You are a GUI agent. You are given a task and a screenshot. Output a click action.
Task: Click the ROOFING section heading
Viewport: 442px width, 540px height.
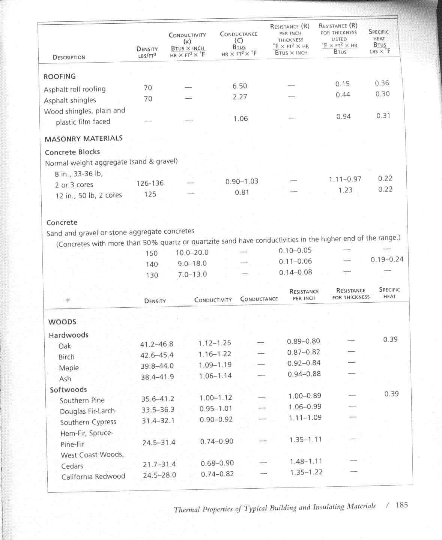60,76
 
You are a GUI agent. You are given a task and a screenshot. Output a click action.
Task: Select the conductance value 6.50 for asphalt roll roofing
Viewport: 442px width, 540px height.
240,86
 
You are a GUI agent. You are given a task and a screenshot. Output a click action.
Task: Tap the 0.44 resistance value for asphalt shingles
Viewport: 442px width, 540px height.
343,95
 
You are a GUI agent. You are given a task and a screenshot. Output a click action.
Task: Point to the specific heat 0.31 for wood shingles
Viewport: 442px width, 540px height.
383,116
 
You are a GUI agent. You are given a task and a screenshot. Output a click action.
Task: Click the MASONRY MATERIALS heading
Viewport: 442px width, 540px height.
84,139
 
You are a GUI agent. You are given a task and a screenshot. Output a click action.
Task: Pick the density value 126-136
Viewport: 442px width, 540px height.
150,183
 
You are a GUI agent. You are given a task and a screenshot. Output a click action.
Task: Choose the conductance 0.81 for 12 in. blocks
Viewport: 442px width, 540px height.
242,192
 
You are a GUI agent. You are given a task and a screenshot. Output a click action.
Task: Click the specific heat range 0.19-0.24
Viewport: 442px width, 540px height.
387,259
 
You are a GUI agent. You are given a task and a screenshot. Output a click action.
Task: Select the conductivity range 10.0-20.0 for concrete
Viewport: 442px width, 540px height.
192,253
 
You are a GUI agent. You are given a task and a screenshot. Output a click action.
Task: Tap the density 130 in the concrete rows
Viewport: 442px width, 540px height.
152,275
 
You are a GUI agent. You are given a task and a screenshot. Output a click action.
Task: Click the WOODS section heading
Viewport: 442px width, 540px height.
62,322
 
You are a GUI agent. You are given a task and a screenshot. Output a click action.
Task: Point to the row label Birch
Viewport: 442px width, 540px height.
66,357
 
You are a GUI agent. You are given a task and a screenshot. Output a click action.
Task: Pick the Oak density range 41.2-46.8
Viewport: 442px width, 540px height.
157,344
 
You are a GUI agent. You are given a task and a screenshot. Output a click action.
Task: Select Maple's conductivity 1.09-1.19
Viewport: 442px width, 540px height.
215,365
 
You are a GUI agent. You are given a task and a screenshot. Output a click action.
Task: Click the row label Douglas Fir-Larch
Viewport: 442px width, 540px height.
87,411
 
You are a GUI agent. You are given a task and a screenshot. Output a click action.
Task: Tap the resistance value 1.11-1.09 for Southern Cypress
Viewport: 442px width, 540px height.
305,418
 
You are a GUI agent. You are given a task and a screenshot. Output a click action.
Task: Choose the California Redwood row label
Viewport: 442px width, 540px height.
93,477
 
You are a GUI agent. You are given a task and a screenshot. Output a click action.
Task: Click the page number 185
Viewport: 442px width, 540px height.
401,505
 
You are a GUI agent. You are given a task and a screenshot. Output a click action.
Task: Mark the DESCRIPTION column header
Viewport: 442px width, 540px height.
69,57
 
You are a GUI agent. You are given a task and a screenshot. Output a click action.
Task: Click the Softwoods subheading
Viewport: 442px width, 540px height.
68,390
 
